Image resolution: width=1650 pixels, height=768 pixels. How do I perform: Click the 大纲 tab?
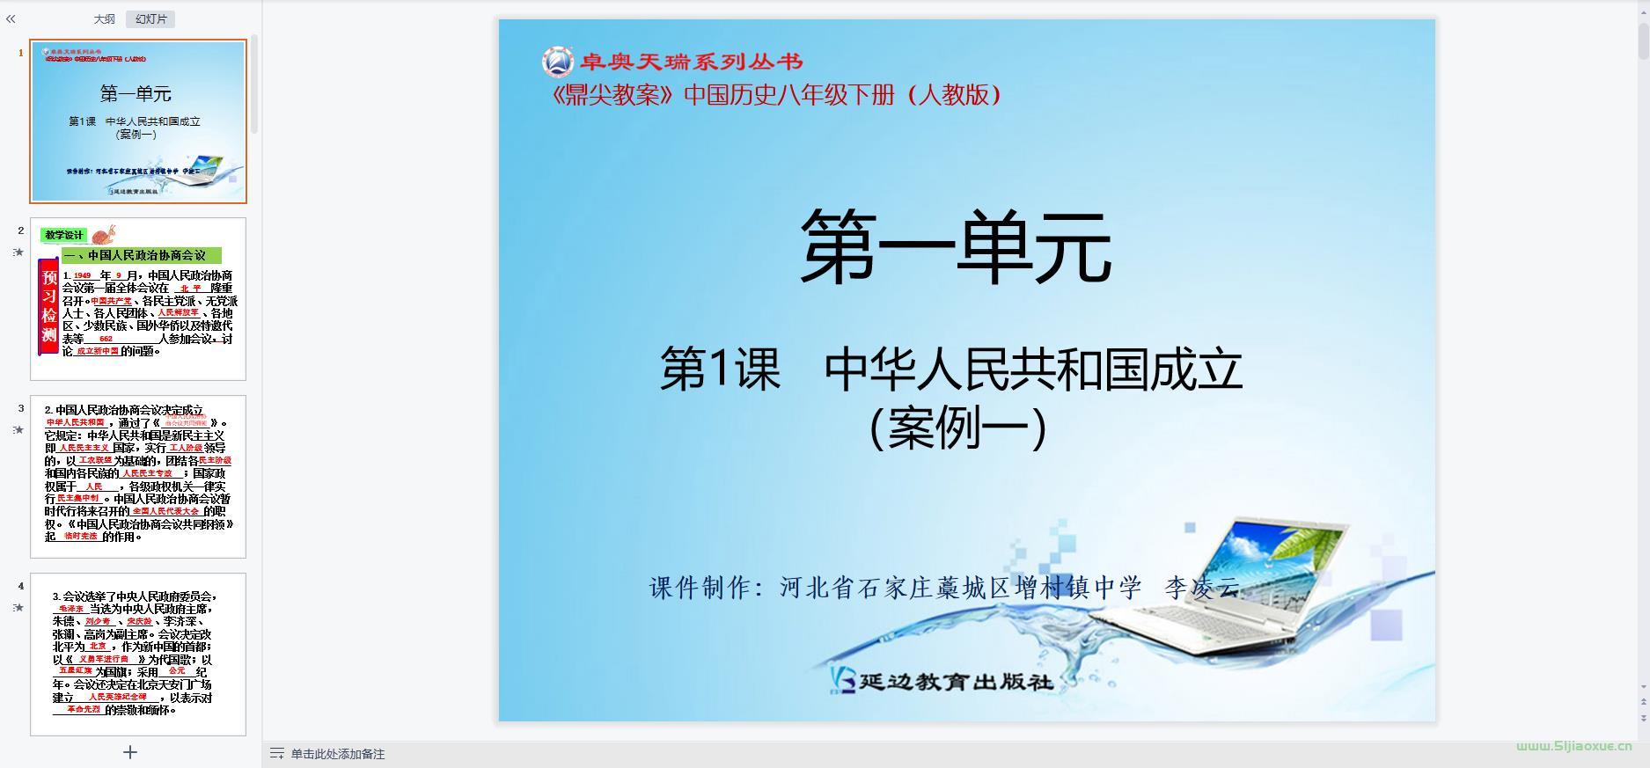(x=104, y=19)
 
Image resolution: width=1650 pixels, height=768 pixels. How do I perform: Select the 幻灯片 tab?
(x=150, y=19)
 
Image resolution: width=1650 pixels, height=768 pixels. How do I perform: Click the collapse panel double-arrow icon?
(x=11, y=18)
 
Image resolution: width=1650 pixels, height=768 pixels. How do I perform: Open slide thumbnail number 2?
(x=138, y=299)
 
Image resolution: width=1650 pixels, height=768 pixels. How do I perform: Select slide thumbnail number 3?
(x=138, y=476)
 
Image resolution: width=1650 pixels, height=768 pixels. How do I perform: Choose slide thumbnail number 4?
(x=138, y=654)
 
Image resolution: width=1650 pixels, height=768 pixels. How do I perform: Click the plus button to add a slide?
(x=130, y=752)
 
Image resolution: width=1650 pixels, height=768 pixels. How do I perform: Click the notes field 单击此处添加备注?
(x=337, y=754)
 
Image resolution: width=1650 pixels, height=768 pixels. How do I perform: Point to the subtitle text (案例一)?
(x=957, y=428)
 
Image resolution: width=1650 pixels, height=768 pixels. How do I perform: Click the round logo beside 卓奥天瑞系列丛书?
(x=557, y=62)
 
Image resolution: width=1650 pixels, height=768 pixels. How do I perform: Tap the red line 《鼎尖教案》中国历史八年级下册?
(x=774, y=95)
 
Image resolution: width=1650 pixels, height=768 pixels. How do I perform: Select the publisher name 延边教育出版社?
(x=955, y=681)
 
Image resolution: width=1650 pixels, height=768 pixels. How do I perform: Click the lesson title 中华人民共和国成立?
(x=1033, y=369)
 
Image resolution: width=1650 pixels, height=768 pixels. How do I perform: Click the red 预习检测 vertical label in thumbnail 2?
(x=49, y=305)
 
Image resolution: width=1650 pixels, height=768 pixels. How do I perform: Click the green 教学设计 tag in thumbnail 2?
(x=63, y=235)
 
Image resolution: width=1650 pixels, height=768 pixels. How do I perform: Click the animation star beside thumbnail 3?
(x=18, y=430)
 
